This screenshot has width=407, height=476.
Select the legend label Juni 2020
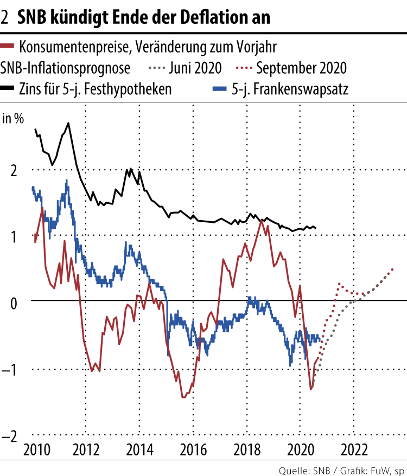pos(195,68)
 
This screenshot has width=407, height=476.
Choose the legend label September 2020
pos(302,68)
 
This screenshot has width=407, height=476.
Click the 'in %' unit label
pos(13,119)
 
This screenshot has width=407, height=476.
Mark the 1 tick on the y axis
pos(14,235)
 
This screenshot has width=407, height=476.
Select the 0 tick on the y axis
pos(14,301)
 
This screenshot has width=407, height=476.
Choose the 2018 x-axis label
pos(247,451)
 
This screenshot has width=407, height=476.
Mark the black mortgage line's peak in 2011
pos(68,123)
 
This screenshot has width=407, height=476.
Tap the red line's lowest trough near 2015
pos(183,397)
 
